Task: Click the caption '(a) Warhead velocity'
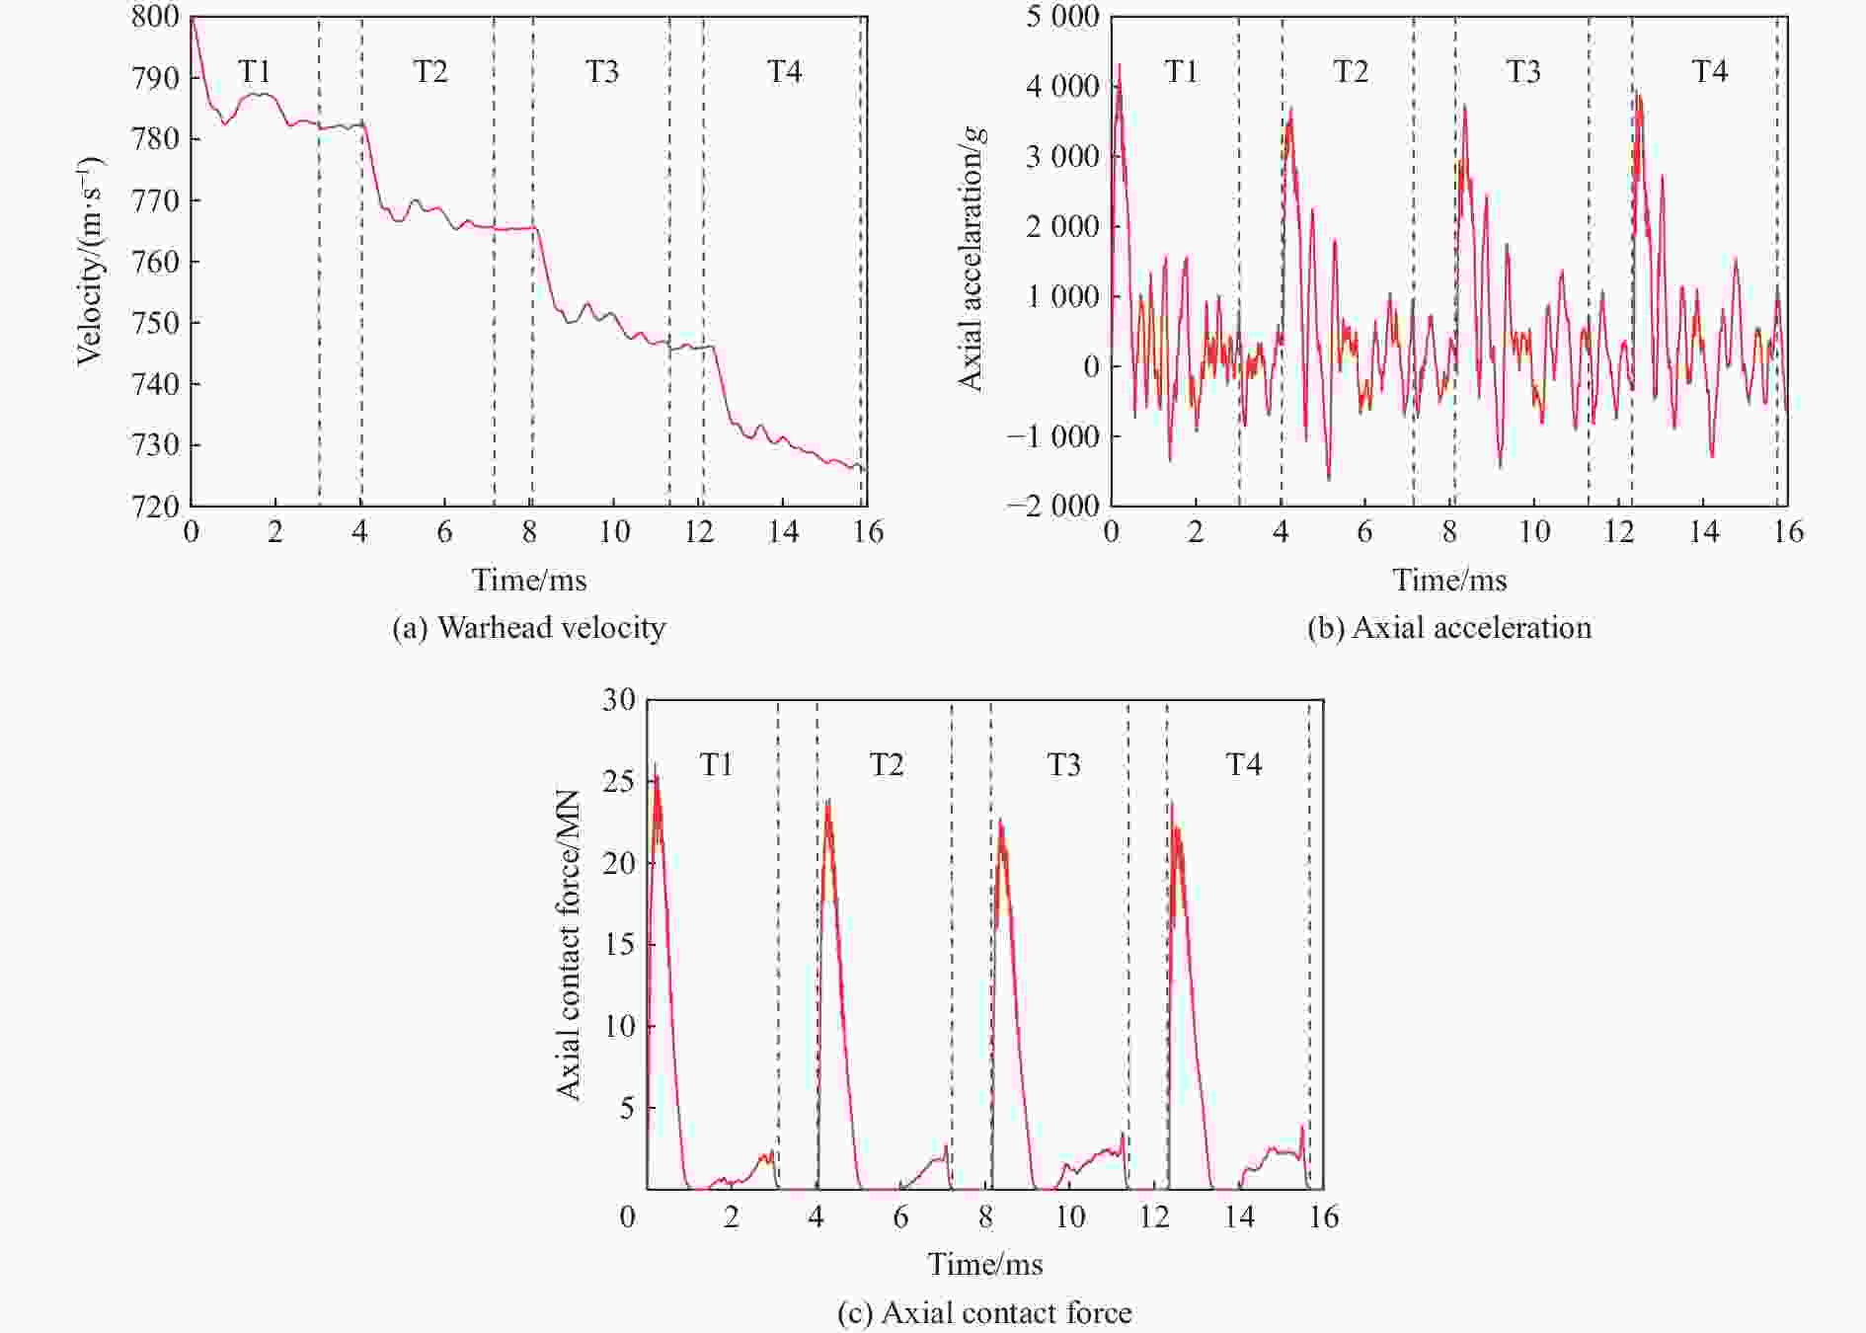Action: click(528, 628)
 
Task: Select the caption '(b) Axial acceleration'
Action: click(1448, 628)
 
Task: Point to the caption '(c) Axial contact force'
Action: click(984, 1312)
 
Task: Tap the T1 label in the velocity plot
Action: click(255, 71)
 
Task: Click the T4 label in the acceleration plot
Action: click(1710, 71)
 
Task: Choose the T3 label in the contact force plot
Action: click(1063, 765)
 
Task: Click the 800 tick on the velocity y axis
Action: click(155, 17)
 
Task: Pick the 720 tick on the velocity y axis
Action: click(155, 506)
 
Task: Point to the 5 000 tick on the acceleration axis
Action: click(1061, 17)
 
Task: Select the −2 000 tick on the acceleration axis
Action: click(1053, 506)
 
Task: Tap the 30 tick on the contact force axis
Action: click(619, 700)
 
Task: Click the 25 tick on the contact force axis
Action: click(619, 781)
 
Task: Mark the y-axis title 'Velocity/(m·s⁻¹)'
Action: click(90, 262)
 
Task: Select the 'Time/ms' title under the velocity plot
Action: click(528, 580)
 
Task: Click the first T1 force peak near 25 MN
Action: click(656, 767)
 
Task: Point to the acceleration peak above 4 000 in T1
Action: click(1119, 67)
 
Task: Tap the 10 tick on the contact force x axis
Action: click(1070, 1216)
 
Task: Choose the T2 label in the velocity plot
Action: click(430, 71)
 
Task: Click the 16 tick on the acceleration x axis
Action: click(1788, 532)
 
